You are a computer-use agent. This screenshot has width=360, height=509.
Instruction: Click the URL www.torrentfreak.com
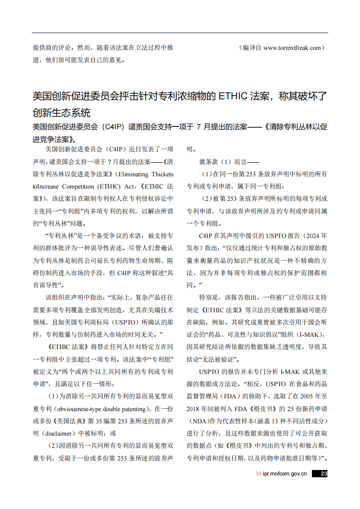tap(292, 48)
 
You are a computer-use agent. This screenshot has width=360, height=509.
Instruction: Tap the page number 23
tap(324, 474)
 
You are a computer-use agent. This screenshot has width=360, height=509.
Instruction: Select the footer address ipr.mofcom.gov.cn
tap(285, 474)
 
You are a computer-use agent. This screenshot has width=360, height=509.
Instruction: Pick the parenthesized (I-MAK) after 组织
tap(311, 334)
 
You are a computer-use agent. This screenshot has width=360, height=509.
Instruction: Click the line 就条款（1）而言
tap(229, 162)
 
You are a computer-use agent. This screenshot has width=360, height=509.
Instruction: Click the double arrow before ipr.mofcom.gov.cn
tap(258, 474)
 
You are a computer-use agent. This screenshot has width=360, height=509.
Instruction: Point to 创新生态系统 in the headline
tap(62, 112)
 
